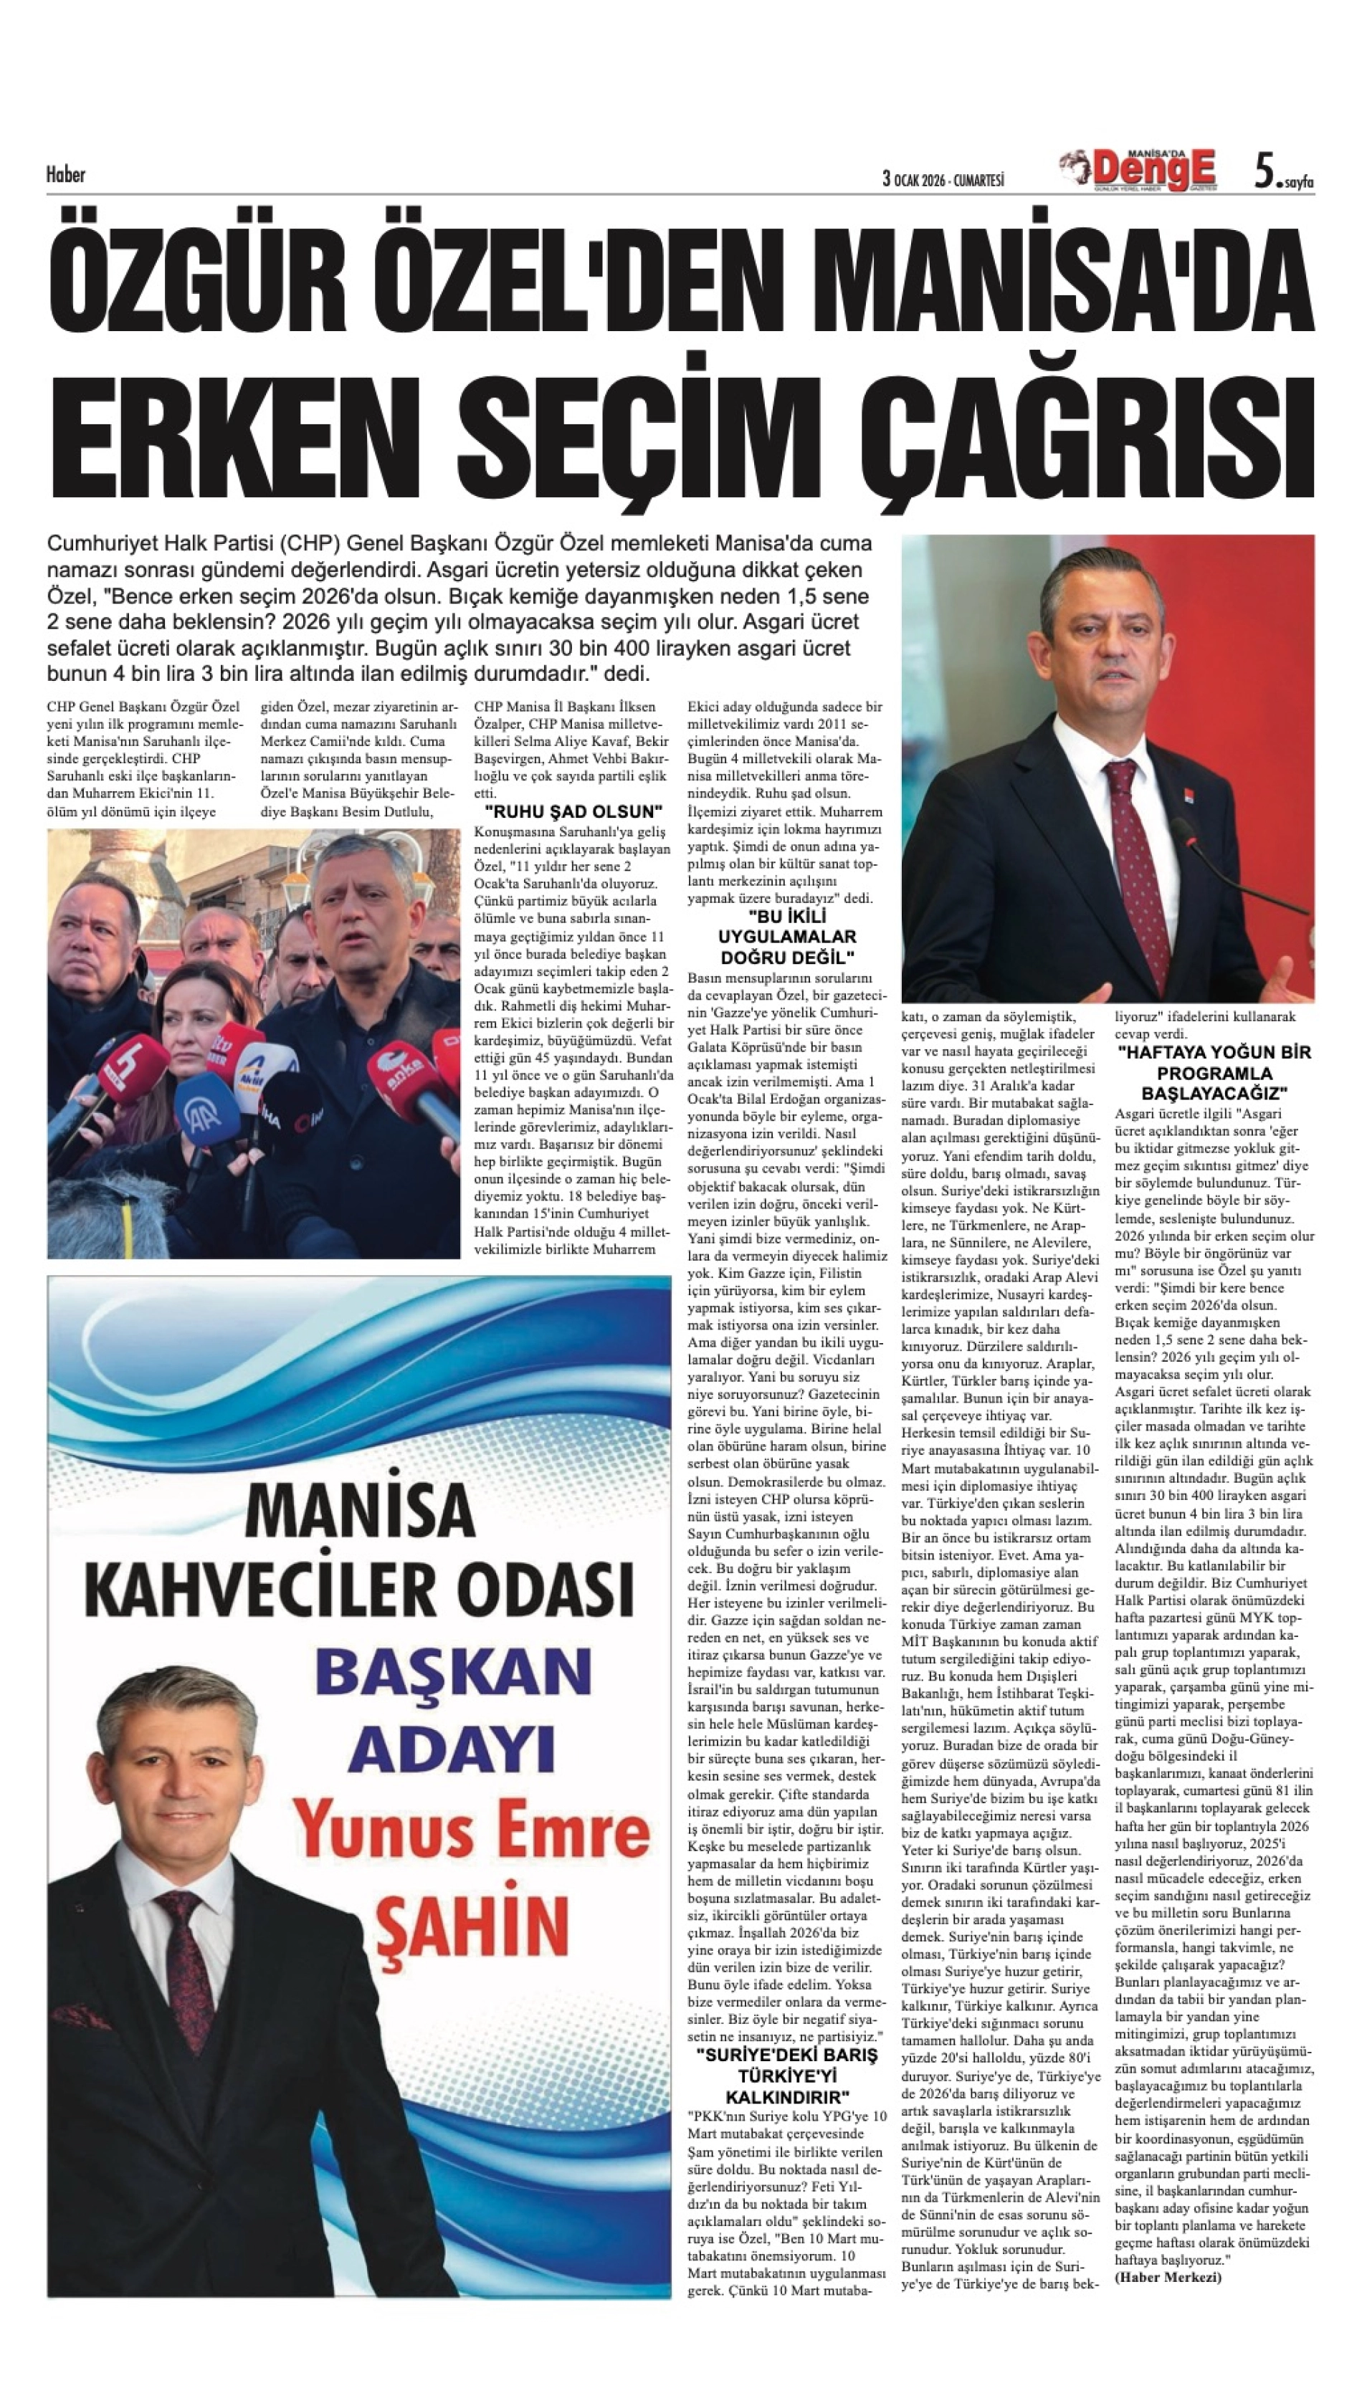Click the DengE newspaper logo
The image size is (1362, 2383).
pos(1153,169)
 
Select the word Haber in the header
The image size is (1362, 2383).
pos(65,174)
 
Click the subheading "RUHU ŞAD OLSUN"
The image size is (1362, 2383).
pos(573,811)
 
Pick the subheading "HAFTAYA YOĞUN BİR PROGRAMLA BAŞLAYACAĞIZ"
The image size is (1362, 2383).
pos(1214,1073)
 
